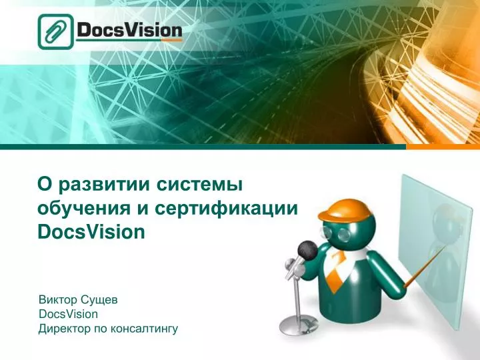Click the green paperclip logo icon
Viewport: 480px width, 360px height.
pyautogui.click(x=55, y=31)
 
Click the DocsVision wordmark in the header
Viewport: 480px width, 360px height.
pyautogui.click(x=129, y=31)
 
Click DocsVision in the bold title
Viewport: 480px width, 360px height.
pyautogui.click(x=91, y=233)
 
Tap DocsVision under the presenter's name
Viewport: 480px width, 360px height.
pyautogui.click(x=69, y=314)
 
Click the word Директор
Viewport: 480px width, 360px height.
pyautogui.click(x=63, y=328)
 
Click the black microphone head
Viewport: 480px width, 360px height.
pyautogui.click(x=307, y=250)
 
